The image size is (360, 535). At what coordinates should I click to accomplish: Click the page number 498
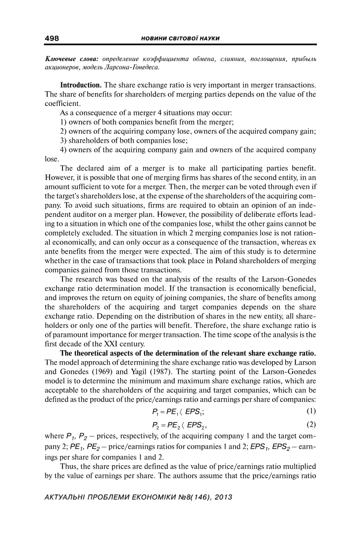pyautogui.click(x=51, y=38)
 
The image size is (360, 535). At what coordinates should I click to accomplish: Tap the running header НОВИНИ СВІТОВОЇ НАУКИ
pyautogui.click(x=180, y=38)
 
